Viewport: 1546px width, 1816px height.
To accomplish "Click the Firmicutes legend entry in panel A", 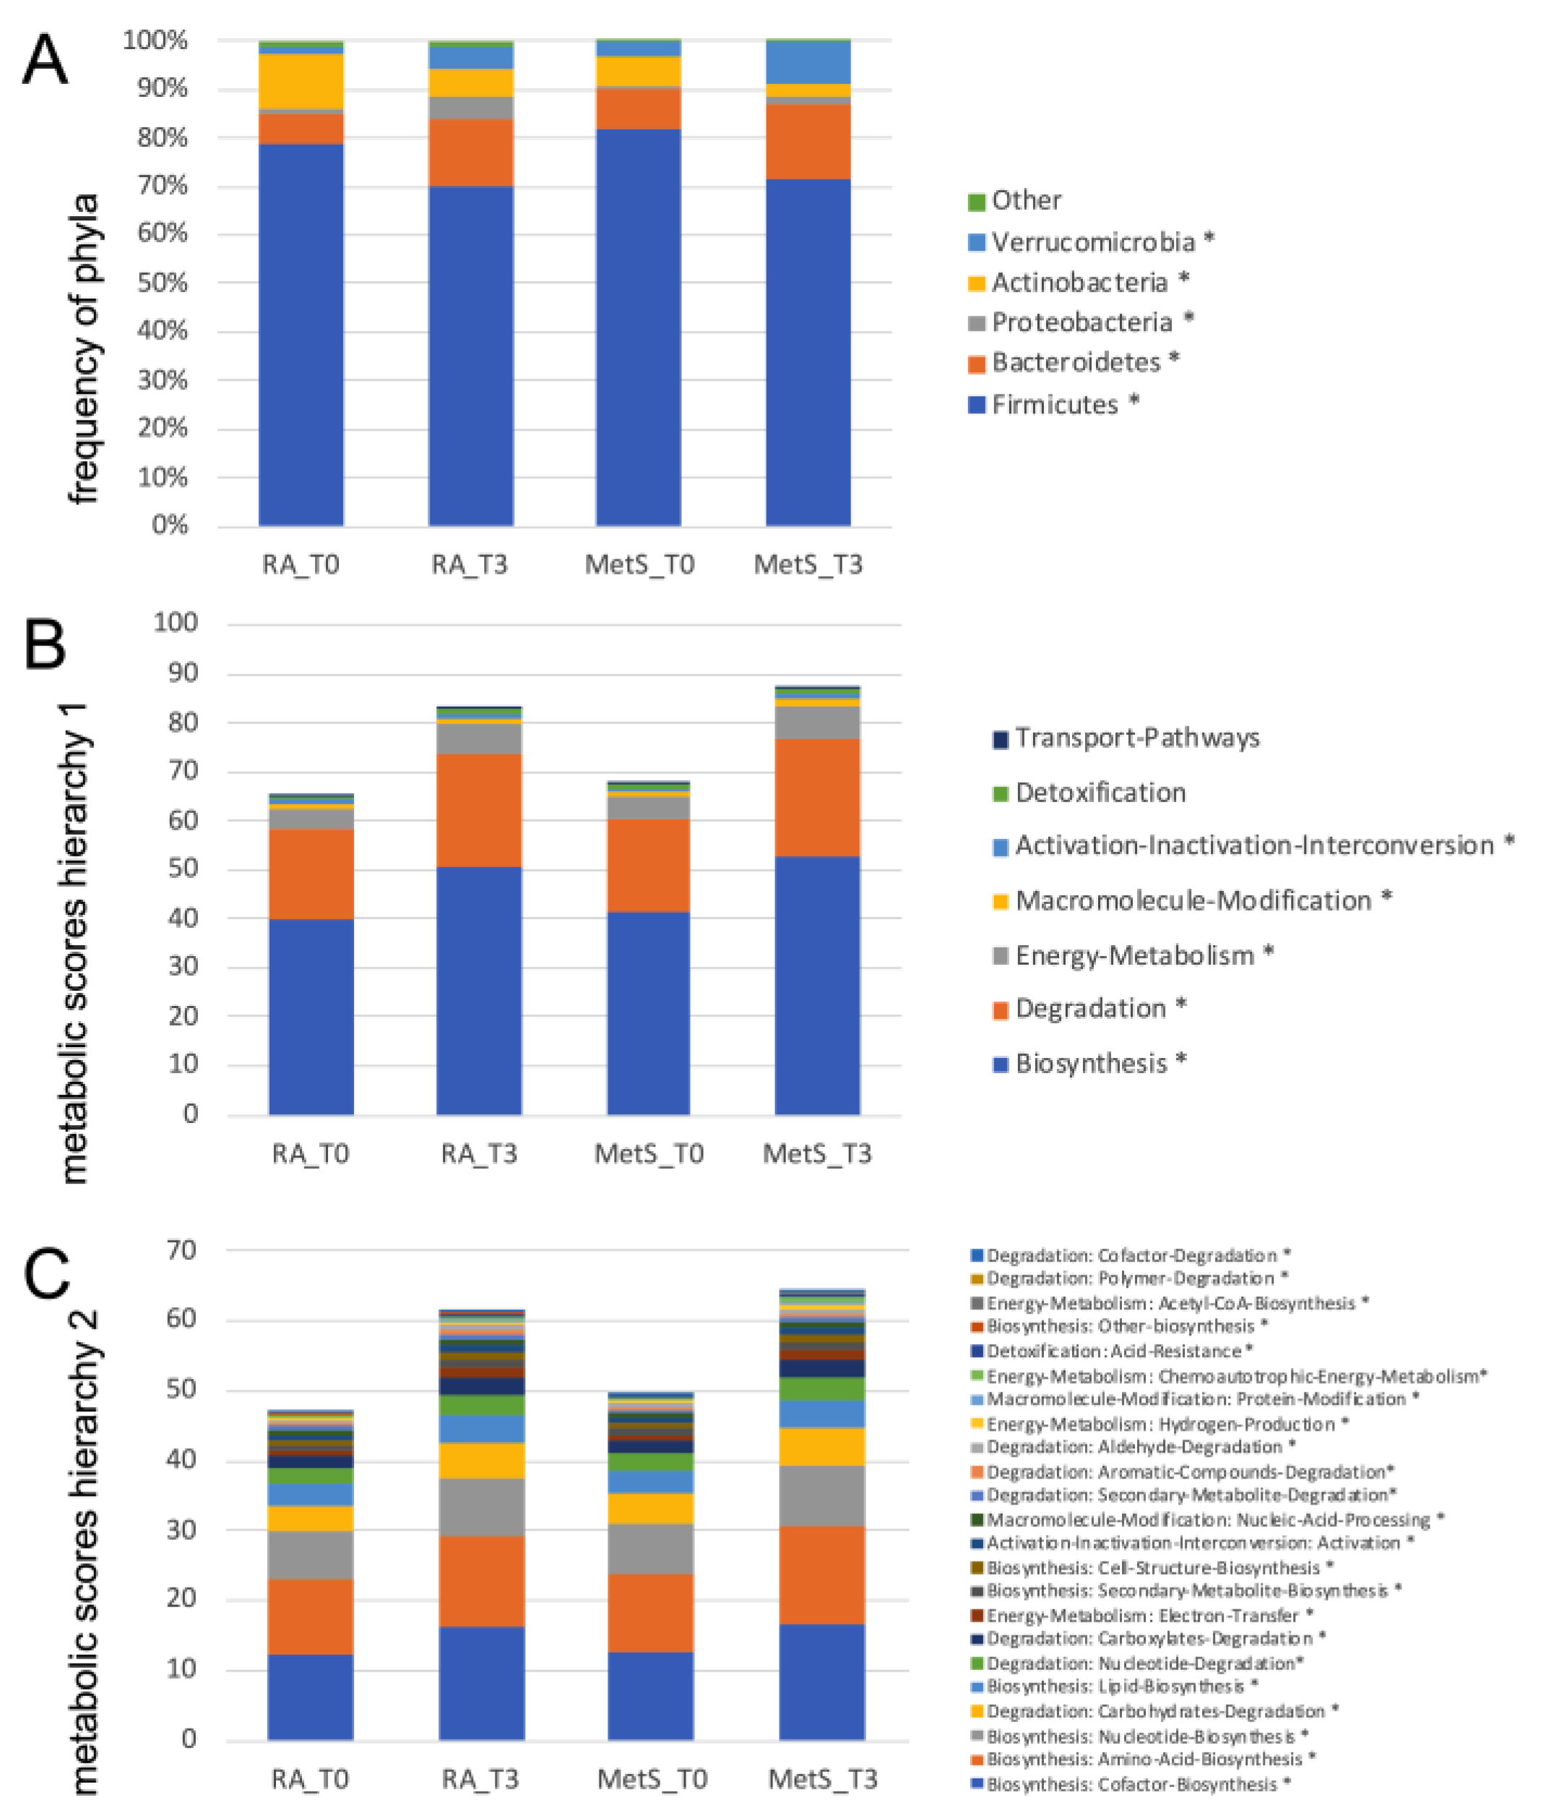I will pos(1053,405).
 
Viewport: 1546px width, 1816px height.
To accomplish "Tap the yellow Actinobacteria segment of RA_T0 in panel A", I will pos(301,82).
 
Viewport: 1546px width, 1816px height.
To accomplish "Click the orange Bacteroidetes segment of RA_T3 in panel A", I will pos(470,152).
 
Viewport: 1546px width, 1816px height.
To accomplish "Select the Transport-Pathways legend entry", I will pos(1136,738).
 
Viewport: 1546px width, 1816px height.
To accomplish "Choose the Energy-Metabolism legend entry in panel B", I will pos(1134,955).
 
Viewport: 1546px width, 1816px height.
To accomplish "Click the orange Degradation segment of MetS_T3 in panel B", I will pos(817,798).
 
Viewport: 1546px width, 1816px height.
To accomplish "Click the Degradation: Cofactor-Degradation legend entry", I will pos(1131,1256).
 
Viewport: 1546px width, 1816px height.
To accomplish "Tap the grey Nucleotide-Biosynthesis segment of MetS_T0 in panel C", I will pos(650,1549).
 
